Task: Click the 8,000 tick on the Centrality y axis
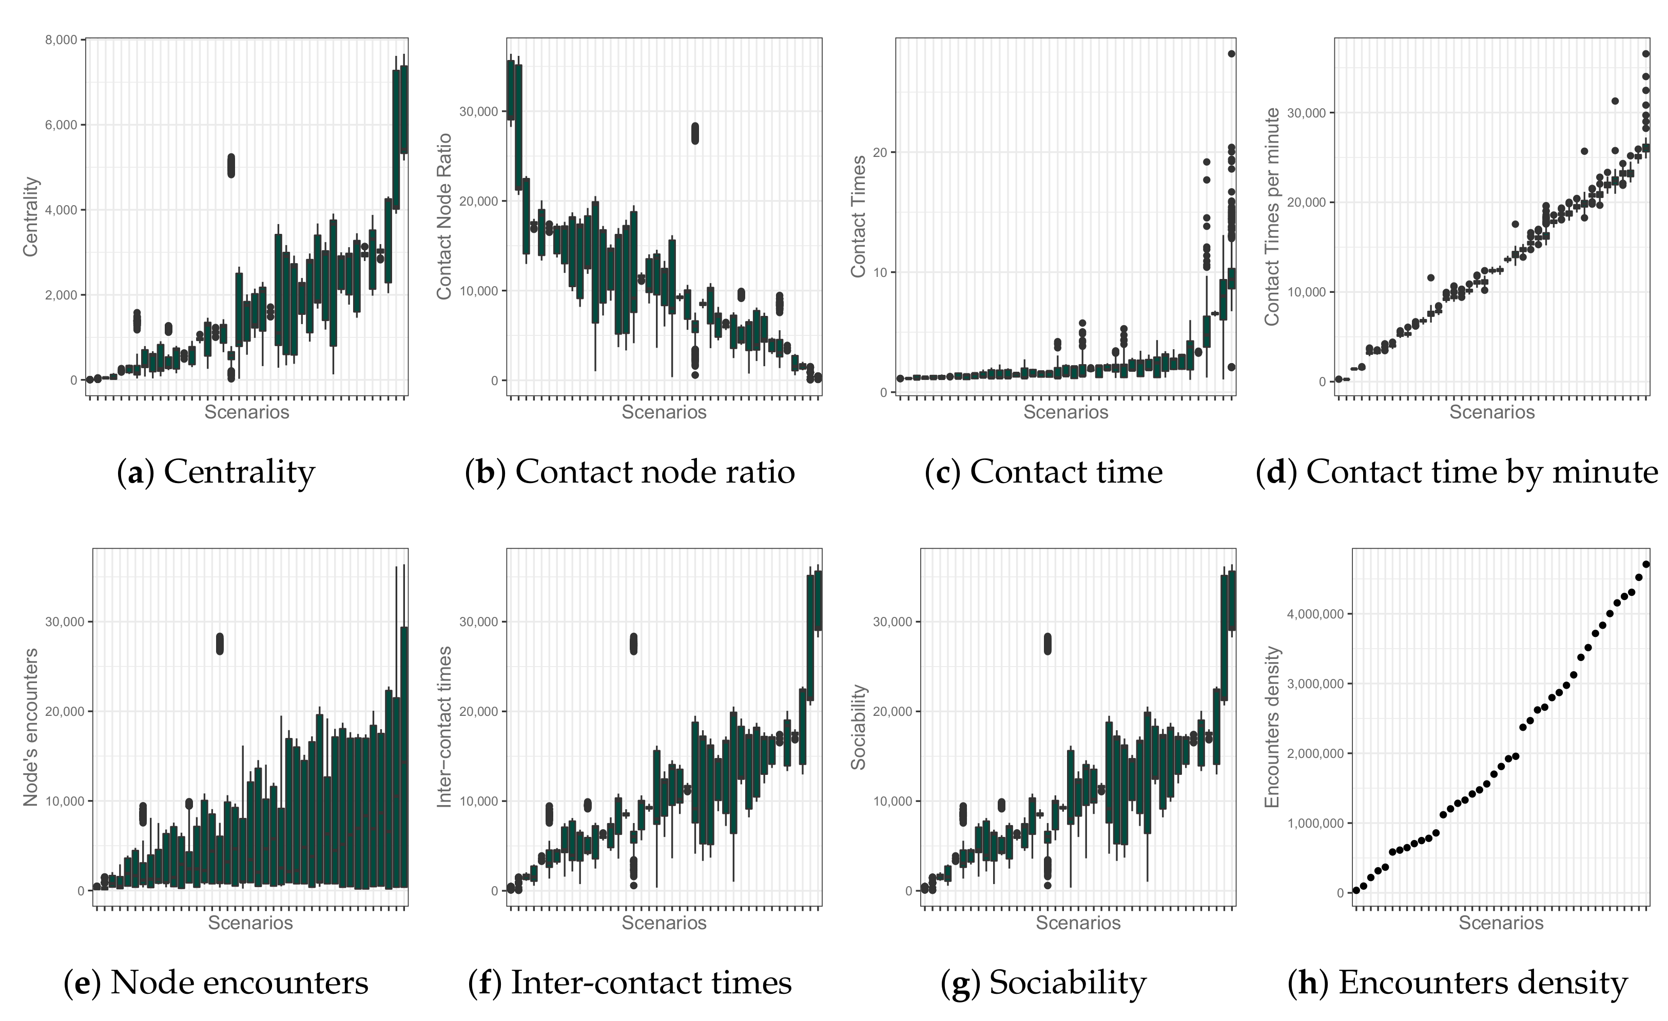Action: [61, 40]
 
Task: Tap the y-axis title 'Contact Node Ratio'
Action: [444, 216]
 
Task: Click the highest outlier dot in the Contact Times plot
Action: [1231, 53]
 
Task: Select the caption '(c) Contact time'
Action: [1043, 472]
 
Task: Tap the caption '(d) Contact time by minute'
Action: [1457, 472]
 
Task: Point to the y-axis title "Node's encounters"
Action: [30, 727]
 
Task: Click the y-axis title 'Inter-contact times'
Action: [444, 727]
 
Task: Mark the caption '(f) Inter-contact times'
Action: [630, 983]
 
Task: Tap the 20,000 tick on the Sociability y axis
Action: [891, 711]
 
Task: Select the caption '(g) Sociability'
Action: [1043, 983]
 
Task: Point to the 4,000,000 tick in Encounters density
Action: [1314, 614]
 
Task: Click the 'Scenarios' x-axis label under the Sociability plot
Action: [1078, 923]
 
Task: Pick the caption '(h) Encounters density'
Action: [1457, 983]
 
